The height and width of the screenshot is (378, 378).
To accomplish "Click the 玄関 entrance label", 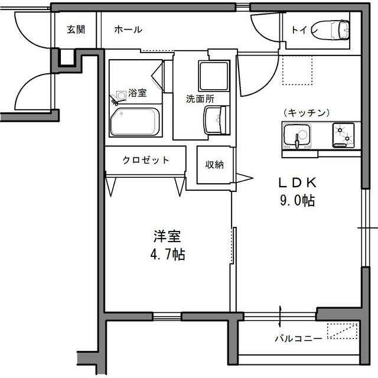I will (x=76, y=29).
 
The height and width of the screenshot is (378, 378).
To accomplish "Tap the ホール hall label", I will (x=128, y=29).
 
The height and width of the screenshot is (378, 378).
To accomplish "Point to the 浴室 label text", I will (x=138, y=93).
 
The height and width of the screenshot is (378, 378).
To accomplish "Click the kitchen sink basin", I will (x=295, y=136).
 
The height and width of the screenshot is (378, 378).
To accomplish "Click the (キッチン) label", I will (x=306, y=113).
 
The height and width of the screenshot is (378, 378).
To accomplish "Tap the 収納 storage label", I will (x=214, y=165).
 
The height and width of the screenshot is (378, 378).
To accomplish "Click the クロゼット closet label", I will (x=146, y=159).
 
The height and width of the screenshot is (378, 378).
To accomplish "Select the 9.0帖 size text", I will (x=297, y=200).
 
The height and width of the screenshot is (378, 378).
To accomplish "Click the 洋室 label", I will (x=167, y=236).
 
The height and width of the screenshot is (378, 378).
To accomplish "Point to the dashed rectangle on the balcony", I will (x=343, y=331).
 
